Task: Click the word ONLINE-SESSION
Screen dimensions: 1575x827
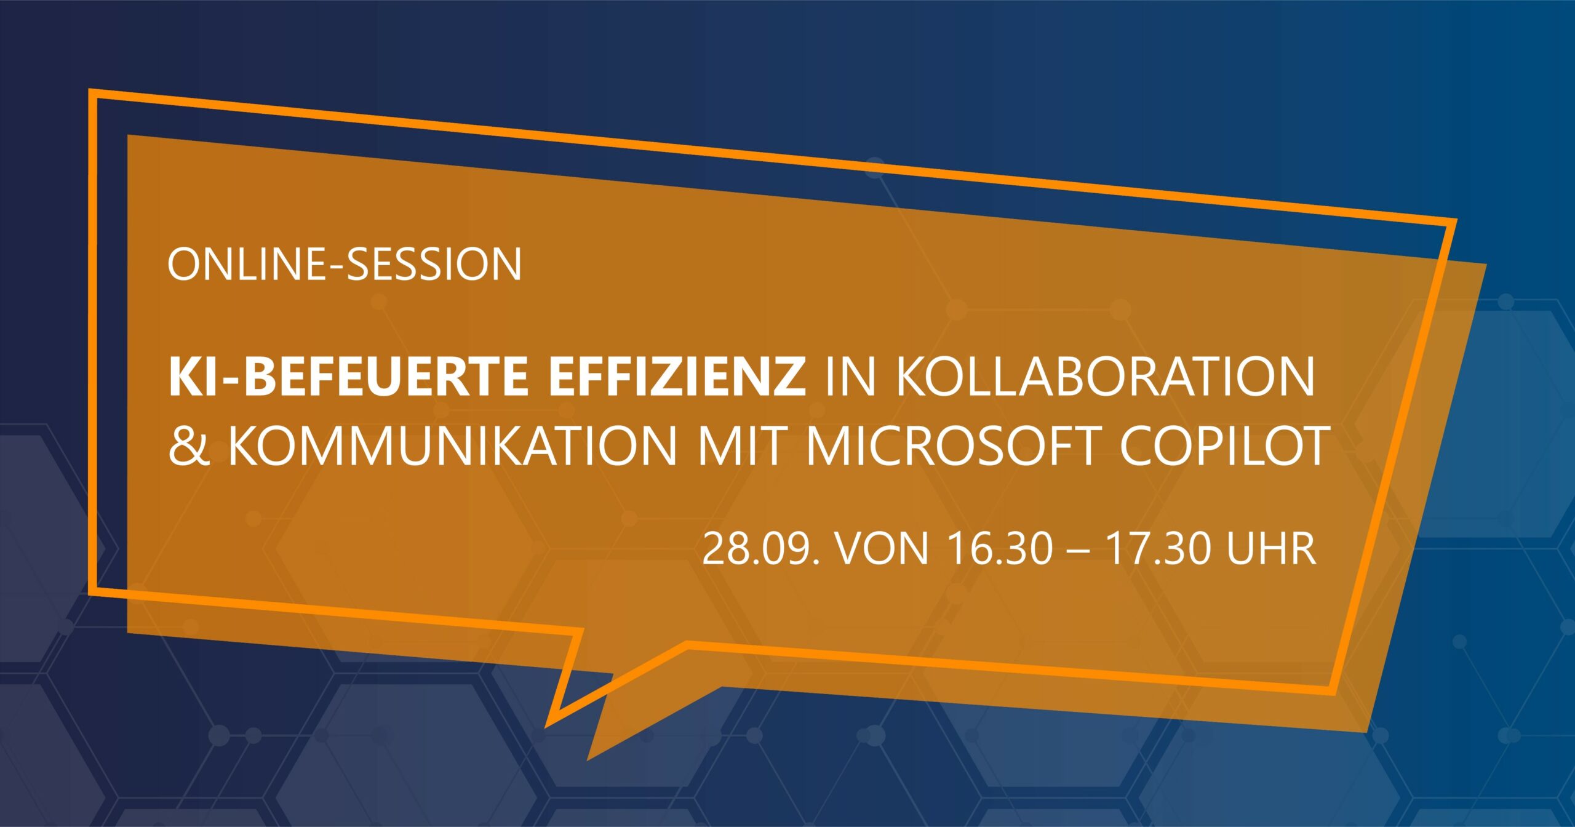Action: click(x=345, y=265)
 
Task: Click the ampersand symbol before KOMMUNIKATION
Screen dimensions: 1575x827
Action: click(x=189, y=445)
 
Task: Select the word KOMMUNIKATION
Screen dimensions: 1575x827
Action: click(x=452, y=445)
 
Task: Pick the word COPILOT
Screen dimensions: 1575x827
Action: click(x=1221, y=445)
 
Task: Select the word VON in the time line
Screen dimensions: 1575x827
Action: click(x=883, y=549)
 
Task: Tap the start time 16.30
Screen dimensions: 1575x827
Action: click(x=1001, y=549)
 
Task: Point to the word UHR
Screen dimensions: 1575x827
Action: click(x=1272, y=549)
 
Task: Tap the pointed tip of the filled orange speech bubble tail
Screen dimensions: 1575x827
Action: click(x=588, y=761)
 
